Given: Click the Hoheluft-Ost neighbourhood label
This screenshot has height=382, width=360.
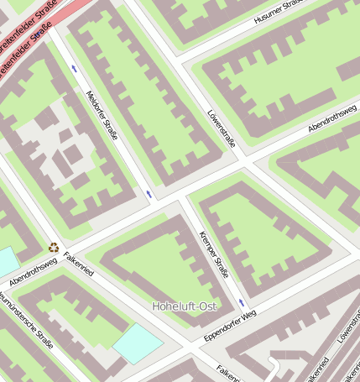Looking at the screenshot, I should [185, 306].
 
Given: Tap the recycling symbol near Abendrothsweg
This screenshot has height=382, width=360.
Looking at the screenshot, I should [54, 248].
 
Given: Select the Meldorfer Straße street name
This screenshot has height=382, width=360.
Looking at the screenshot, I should [102, 115].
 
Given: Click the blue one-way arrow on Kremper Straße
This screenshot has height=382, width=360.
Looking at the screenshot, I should [242, 301].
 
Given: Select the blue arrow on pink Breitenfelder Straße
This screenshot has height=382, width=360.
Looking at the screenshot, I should [37, 35].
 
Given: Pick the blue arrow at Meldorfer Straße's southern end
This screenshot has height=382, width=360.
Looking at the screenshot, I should [149, 194].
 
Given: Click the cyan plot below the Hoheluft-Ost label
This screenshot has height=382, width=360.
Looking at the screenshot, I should [138, 343].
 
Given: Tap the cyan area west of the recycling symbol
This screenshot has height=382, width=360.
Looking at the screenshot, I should [7, 261].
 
